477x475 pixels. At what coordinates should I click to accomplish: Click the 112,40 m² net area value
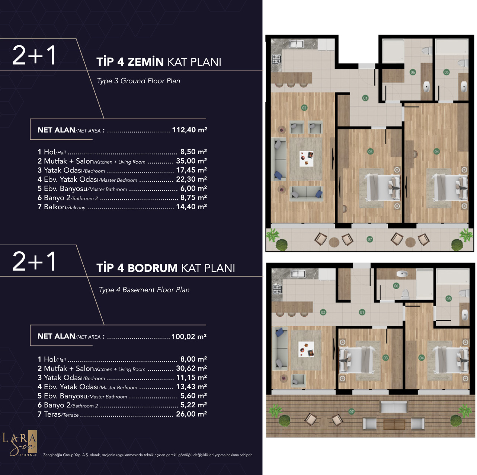point(189,130)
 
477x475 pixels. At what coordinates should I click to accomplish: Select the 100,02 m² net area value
point(189,336)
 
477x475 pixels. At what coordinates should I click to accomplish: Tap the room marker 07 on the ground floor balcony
point(369,239)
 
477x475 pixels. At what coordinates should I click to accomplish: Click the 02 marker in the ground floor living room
point(304,107)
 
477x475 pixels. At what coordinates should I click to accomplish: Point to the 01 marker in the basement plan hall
point(362,312)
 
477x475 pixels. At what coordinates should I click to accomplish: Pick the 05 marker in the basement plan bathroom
point(448,299)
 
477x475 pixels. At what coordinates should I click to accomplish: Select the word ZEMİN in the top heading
point(145,62)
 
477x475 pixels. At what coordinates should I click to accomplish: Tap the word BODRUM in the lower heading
point(153,268)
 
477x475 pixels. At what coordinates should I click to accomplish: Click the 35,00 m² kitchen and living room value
point(191,161)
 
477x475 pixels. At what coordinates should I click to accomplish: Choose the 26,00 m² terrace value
point(191,414)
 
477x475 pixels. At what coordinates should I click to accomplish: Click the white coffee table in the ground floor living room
point(307,159)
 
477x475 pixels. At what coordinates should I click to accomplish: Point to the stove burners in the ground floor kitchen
point(277,59)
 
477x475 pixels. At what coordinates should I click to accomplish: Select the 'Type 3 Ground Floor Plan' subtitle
point(139,81)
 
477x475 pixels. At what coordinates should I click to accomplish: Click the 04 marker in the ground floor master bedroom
point(436,151)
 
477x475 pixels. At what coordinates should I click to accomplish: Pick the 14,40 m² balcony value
point(191,207)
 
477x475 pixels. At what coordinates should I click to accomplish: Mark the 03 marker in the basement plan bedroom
point(385,358)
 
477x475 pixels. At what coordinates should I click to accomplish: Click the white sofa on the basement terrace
point(394,407)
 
